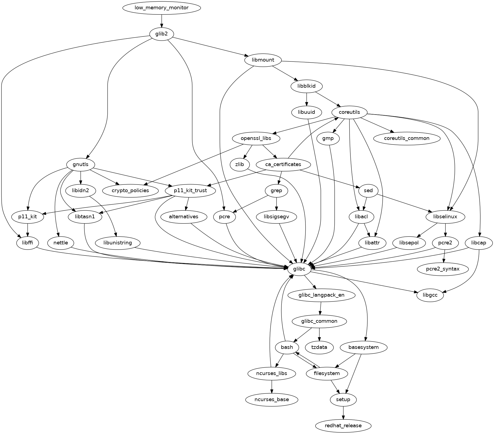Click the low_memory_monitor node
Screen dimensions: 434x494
(x=162, y=8)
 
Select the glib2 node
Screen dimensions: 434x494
(x=162, y=34)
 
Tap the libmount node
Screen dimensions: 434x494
(x=263, y=60)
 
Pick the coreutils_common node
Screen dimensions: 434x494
(x=407, y=138)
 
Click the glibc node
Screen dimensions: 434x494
(x=299, y=269)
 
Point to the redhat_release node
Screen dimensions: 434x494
(x=343, y=426)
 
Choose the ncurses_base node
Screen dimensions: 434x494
(x=271, y=399)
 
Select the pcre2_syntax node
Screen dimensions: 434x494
(x=443, y=269)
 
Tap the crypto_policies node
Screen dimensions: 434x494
(x=130, y=190)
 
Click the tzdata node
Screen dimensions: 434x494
(x=319, y=347)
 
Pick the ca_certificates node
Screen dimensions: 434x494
(x=283, y=164)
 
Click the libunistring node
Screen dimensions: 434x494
(x=118, y=243)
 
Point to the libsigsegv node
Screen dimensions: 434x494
(x=276, y=217)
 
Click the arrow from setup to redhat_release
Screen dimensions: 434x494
(x=343, y=413)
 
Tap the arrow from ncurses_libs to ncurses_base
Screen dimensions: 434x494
(x=271, y=386)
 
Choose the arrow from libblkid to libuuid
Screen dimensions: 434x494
(x=307, y=99)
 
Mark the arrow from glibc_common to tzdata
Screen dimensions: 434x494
(x=319, y=334)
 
